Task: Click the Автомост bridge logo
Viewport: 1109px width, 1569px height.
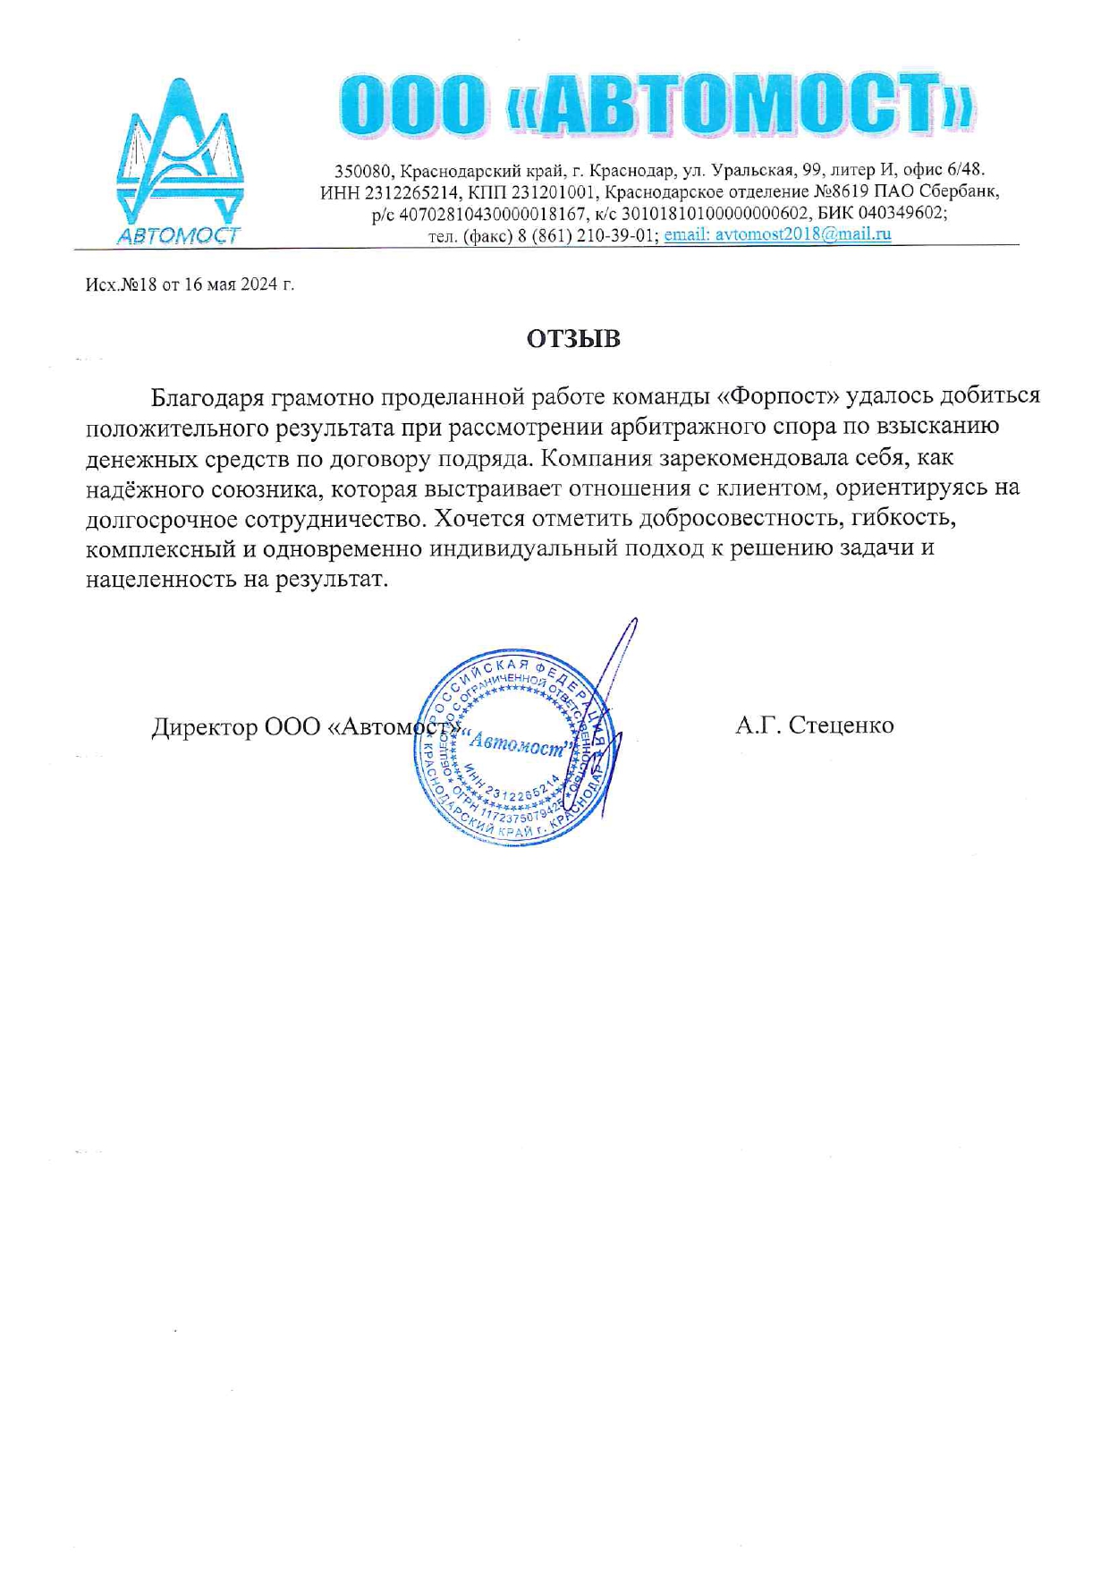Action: [180, 161]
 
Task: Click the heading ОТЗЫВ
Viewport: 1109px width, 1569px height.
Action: [573, 339]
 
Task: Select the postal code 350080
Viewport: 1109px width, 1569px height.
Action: [362, 170]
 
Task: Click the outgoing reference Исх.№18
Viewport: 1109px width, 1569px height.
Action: [122, 284]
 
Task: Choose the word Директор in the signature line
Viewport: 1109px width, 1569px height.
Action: [204, 725]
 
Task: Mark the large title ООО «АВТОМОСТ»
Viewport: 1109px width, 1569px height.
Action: [657, 105]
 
